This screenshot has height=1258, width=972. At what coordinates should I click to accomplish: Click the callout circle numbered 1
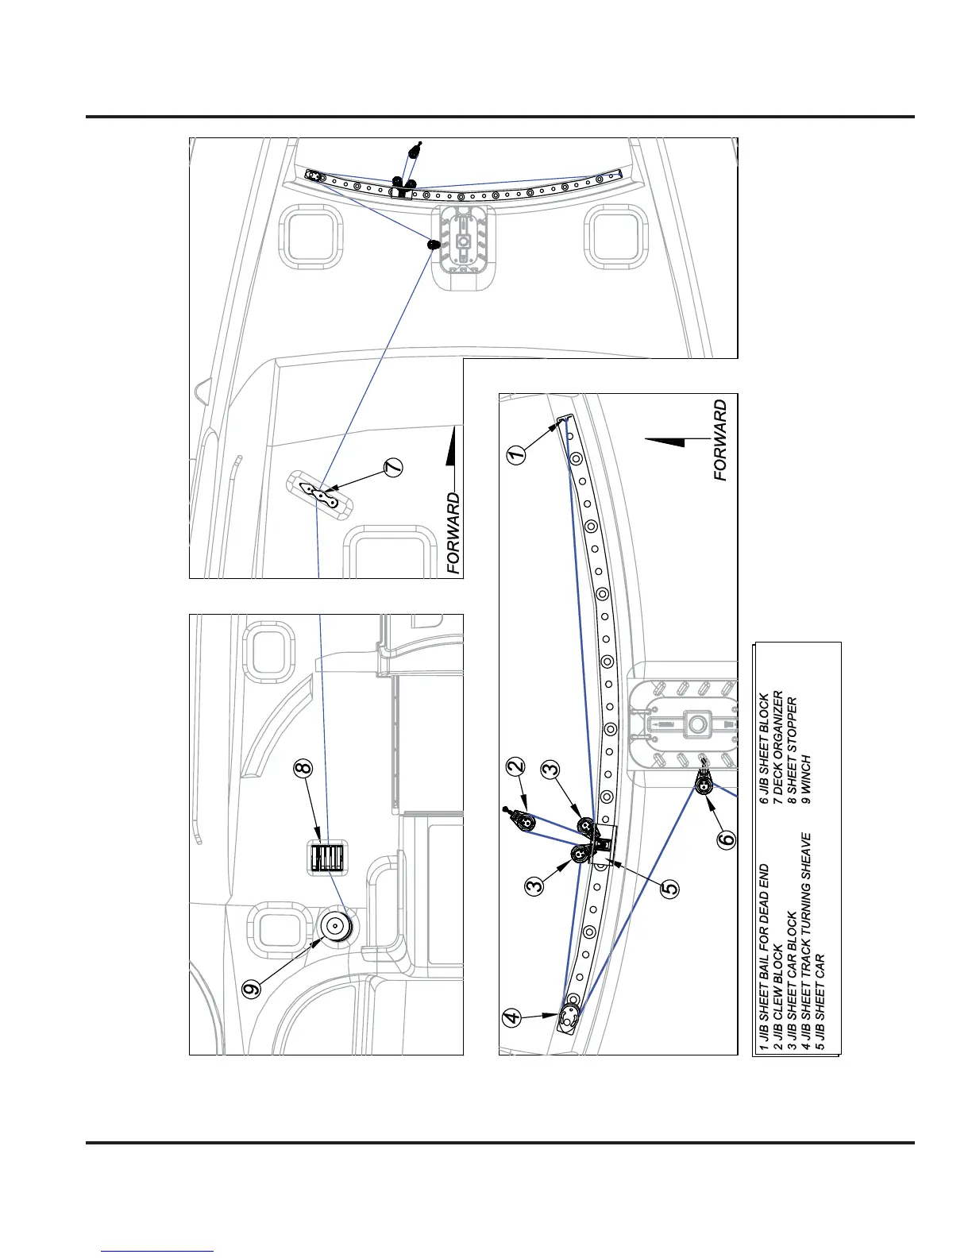click(516, 454)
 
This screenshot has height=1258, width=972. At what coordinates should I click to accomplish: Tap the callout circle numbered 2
click(516, 767)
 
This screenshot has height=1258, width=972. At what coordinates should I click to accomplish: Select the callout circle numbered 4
click(513, 1016)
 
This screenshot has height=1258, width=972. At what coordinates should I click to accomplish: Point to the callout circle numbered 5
click(670, 887)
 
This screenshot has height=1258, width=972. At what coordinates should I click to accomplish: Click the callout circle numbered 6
click(727, 839)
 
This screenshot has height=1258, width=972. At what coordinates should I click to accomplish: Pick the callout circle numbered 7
click(392, 468)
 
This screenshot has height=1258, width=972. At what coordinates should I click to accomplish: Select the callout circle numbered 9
click(252, 989)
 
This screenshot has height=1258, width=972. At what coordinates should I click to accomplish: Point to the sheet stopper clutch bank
click(326, 858)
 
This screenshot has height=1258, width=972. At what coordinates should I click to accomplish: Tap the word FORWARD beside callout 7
click(453, 534)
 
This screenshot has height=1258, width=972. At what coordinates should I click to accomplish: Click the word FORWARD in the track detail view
click(720, 440)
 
